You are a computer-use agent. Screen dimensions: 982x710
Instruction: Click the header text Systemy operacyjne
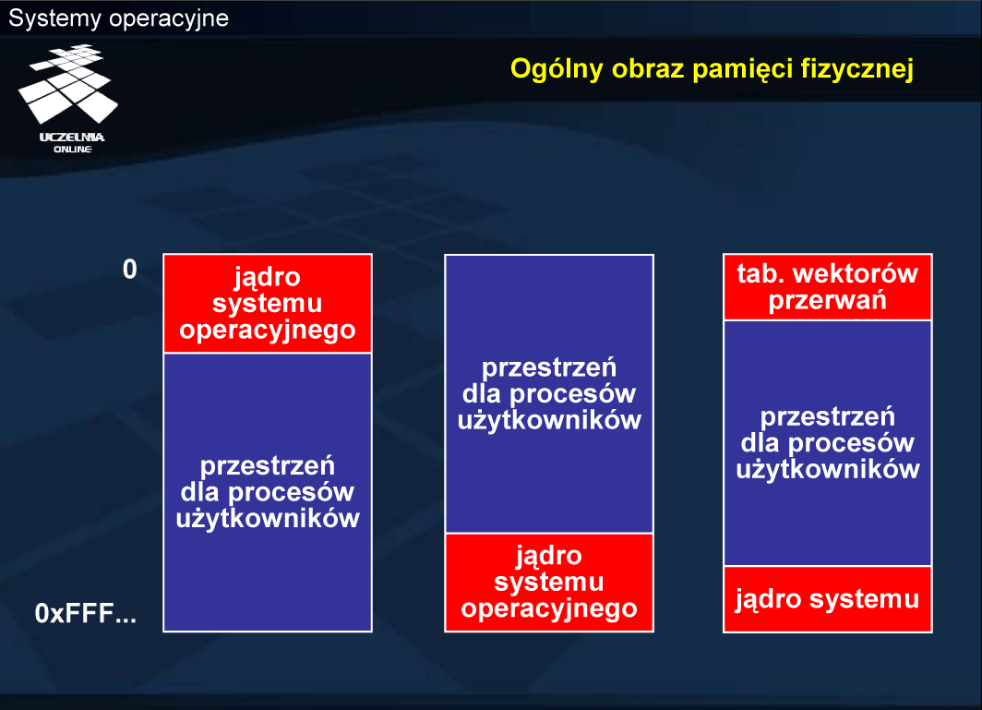tap(118, 18)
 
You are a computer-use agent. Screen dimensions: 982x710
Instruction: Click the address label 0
tap(129, 270)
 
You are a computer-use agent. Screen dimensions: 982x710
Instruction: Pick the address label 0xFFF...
tap(85, 613)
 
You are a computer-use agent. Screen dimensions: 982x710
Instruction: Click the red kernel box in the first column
tap(268, 304)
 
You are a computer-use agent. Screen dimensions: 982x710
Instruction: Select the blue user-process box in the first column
tap(268, 492)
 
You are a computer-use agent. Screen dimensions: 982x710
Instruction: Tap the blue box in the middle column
tap(549, 393)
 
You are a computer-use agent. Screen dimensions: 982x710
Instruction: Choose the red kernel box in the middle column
tap(549, 583)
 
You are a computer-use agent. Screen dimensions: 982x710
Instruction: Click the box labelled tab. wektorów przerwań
tap(827, 287)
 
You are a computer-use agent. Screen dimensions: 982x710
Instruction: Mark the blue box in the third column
tap(827, 443)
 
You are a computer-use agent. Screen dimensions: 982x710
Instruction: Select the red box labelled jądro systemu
tap(827, 599)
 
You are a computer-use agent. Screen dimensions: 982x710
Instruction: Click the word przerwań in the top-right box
tap(827, 300)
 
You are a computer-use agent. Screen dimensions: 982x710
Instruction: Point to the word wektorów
tap(856, 274)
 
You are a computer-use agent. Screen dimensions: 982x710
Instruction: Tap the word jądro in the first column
tap(268, 278)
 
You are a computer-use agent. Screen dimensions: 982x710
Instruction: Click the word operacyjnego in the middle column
tap(549, 609)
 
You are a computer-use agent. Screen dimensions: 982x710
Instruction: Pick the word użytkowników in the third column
tap(827, 469)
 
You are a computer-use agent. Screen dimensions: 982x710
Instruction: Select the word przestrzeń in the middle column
tap(549, 367)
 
